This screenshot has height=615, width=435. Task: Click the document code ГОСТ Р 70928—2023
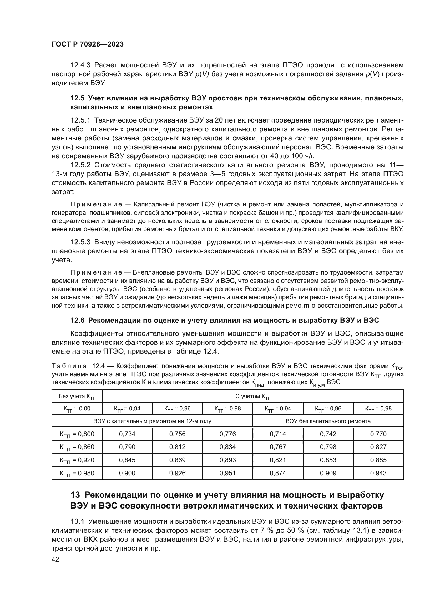pos(88,44)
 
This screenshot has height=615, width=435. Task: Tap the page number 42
pos(55,559)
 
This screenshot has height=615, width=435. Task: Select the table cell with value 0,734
pos(127,434)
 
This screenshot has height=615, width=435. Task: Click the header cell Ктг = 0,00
pos(77,409)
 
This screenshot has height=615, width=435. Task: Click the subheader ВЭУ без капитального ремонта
pos(328,421)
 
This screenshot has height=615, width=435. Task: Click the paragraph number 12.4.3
pos(80,65)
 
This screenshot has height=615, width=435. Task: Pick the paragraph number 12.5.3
pos(80,242)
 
